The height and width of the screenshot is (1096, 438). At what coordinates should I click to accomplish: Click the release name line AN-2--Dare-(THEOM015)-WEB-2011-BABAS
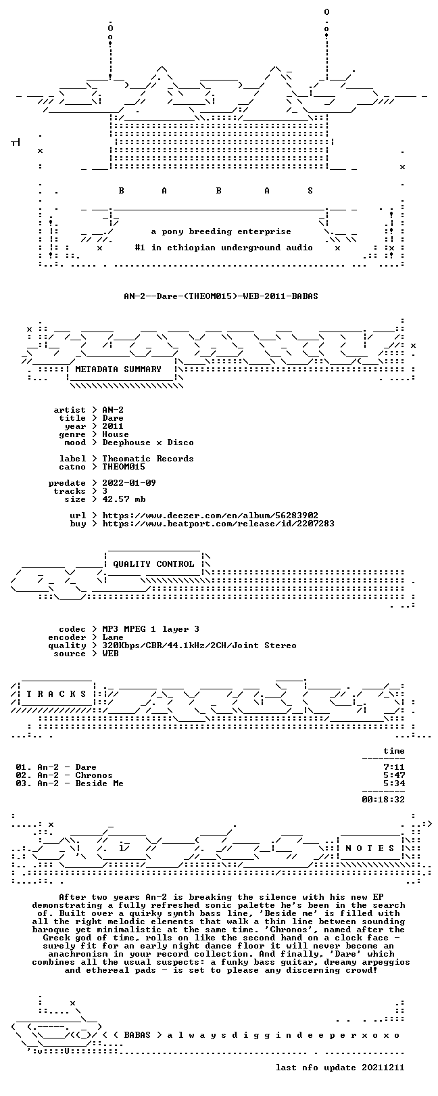coord(221,296)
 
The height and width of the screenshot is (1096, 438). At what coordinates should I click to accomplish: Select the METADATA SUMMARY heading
coord(118,369)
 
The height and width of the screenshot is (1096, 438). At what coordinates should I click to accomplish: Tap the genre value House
coord(116,434)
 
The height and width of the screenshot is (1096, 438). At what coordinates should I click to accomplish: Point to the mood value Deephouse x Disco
coord(147,442)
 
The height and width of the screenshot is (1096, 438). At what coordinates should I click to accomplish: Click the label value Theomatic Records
coord(147,459)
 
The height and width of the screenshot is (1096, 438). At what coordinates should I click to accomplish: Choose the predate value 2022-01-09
coord(129,483)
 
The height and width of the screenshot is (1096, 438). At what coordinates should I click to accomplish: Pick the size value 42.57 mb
coord(124,499)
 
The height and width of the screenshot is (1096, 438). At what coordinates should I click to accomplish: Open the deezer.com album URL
coord(210,516)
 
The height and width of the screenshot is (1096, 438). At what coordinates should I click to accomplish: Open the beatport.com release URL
coord(218,524)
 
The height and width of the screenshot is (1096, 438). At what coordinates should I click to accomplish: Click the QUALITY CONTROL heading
coord(153,564)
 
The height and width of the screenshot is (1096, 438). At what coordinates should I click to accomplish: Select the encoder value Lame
coord(113,637)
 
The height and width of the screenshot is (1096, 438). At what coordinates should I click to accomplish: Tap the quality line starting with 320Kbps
coord(199,645)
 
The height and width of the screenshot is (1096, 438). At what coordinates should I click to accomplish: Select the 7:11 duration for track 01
coord(394,767)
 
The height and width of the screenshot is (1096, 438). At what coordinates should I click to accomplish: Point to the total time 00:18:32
coord(383,800)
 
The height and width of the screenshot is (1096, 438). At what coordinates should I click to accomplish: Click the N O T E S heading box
coord(370,848)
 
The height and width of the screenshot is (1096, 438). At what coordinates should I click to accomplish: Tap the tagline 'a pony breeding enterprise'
coord(221,231)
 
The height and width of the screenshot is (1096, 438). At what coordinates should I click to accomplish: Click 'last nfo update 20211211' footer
coord(340,1067)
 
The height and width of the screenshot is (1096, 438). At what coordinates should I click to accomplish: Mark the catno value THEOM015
coord(124,467)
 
